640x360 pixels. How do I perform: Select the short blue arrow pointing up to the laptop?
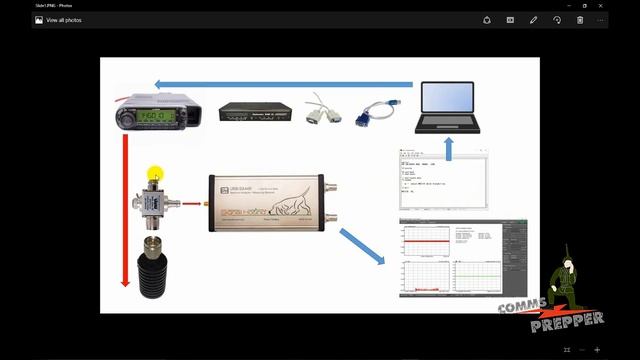[449, 148]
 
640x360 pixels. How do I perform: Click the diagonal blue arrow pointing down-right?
[362, 246]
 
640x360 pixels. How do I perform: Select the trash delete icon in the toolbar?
[580, 19]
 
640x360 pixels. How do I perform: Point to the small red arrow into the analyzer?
[193, 204]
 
